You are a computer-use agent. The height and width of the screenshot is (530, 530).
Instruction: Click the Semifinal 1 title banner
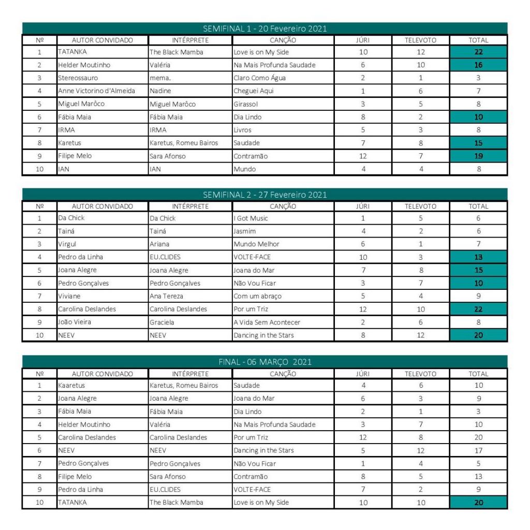264,28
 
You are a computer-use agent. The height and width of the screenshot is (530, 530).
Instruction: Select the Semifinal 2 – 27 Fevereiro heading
264,195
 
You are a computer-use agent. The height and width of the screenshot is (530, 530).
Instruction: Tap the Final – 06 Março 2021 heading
264,362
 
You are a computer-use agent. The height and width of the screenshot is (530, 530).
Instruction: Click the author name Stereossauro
78,78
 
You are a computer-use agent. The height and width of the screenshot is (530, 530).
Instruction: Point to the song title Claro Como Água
259,78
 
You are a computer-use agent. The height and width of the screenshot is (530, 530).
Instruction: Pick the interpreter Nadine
160,91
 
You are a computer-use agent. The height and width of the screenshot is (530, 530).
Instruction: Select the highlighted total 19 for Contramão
478,156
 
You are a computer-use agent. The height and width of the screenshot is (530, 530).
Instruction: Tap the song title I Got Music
251,218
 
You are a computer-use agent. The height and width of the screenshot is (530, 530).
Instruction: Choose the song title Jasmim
245,231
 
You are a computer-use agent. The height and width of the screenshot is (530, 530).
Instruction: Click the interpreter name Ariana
159,244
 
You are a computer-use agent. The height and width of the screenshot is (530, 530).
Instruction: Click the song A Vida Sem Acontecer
267,322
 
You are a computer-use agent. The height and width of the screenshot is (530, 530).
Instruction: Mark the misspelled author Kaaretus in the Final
72,386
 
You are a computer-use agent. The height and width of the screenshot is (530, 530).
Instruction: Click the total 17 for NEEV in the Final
478,450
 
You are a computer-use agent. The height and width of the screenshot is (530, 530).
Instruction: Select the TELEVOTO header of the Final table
420,374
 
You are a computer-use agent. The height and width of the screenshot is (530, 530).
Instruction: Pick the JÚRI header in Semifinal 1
363,40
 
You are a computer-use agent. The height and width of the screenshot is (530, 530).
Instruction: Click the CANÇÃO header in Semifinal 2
283,206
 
